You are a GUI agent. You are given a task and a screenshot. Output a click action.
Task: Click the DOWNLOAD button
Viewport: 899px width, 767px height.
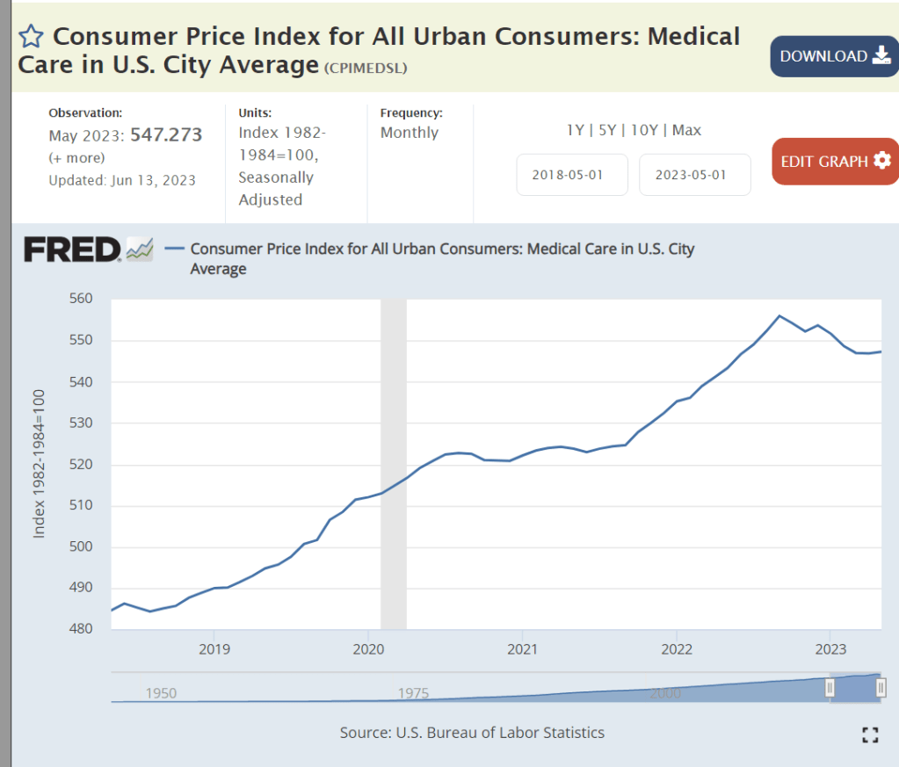point(834,56)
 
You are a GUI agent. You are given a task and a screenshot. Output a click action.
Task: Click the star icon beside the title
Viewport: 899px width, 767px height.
point(31,36)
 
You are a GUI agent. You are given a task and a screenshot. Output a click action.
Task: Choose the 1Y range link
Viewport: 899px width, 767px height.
point(576,130)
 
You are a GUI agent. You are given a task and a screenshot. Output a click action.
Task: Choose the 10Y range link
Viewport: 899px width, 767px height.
point(644,130)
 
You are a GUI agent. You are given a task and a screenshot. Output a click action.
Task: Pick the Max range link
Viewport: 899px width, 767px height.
point(687,130)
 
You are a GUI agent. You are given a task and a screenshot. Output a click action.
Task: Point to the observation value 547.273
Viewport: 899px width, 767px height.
point(166,135)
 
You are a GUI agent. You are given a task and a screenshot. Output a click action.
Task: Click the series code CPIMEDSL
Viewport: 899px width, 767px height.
point(366,69)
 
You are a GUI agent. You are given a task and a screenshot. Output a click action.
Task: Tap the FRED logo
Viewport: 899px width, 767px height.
point(72,250)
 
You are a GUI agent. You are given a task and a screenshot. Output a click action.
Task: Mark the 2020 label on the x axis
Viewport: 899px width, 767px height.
point(368,650)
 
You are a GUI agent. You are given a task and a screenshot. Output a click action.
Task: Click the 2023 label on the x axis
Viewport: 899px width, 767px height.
point(830,650)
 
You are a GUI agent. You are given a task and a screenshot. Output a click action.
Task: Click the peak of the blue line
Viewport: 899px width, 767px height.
point(779,315)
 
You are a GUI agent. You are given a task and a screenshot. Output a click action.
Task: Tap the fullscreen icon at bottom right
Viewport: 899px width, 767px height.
point(870,735)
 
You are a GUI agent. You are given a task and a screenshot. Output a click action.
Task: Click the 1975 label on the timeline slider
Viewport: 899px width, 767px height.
point(413,693)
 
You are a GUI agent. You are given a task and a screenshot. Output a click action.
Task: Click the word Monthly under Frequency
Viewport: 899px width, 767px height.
point(410,133)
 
